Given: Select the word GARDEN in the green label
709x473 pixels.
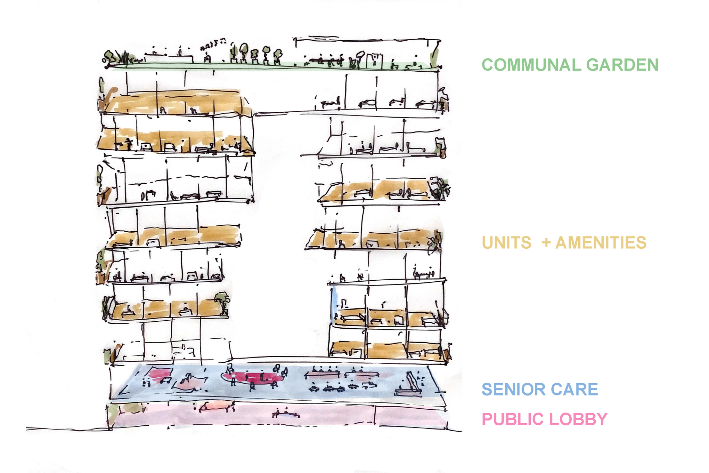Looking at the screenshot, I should click(622, 65).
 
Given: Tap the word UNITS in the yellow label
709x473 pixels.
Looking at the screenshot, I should click(506, 243).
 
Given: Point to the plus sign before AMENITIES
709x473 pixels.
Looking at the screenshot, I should click(546, 242).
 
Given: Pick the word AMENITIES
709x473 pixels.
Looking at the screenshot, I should click(601, 243).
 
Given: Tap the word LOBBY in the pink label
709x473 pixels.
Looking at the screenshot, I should click(578, 419).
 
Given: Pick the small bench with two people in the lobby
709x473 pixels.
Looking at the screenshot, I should click(286, 414).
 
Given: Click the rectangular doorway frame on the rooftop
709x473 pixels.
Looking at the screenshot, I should click(374, 61).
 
